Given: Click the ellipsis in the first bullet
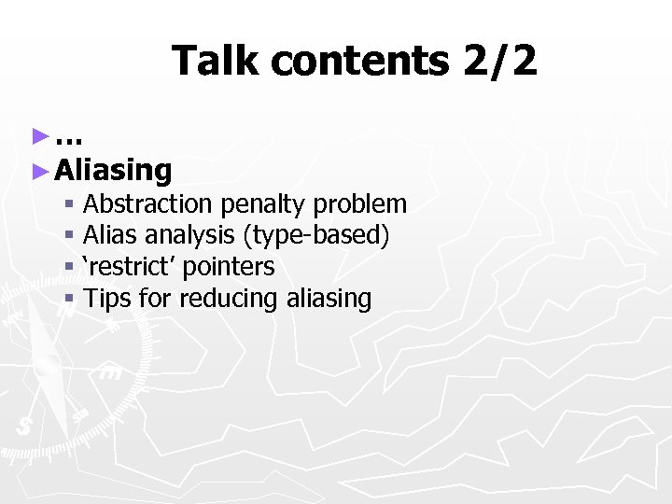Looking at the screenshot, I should (69, 138).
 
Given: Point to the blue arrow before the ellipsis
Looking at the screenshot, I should (39, 137).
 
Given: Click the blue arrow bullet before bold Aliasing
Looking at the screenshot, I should (39, 170).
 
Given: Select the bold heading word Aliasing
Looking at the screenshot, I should (113, 170).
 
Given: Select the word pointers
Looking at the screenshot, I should (229, 267).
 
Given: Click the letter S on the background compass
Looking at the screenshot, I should (24, 426).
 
